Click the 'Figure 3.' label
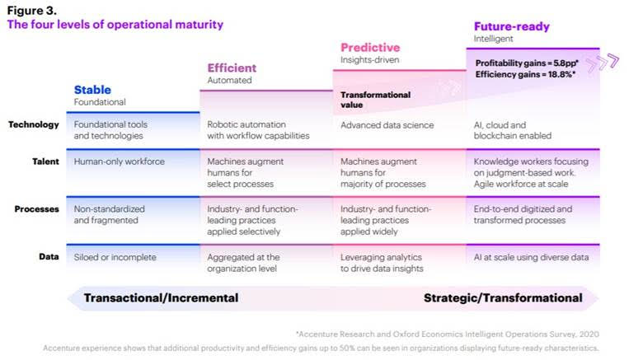pyautogui.click(x=31, y=11)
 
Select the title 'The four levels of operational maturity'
pyautogui.click(x=115, y=25)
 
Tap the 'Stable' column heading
pyautogui.click(x=92, y=90)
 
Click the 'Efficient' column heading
pyautogui.click(x=232, y=68)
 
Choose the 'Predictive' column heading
pyautogui.click(x=370, y=48)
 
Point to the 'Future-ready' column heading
pyautogui.click(x=512, y=26)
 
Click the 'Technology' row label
pyautogui.click(x=34, y=124)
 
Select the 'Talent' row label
pyautogui.click(x=45, y=161)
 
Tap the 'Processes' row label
pyautogui.click(x=37, y=209)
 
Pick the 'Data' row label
pyautogui.click(x=49, y=256)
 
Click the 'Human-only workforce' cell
pyautogui.click(x=120, y=161)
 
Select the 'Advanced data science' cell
pyautogui.click(x=387, y=125)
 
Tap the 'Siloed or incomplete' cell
pyautogui.click(x=115, y=257)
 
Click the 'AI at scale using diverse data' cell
pyautogui.click(x=531, y=257)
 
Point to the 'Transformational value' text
pyautogui.click(x=375, y=100)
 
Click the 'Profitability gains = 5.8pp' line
pyautogui.click(x=527, y=63)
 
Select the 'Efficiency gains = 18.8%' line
pyautogui.click(x=525, y=74)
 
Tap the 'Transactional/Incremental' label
pyautogui.click(x=161, y=298)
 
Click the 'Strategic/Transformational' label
pyautogui.click(x=503, y=298)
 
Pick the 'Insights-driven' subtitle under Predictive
pyautogui.click(x=370, y=60)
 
